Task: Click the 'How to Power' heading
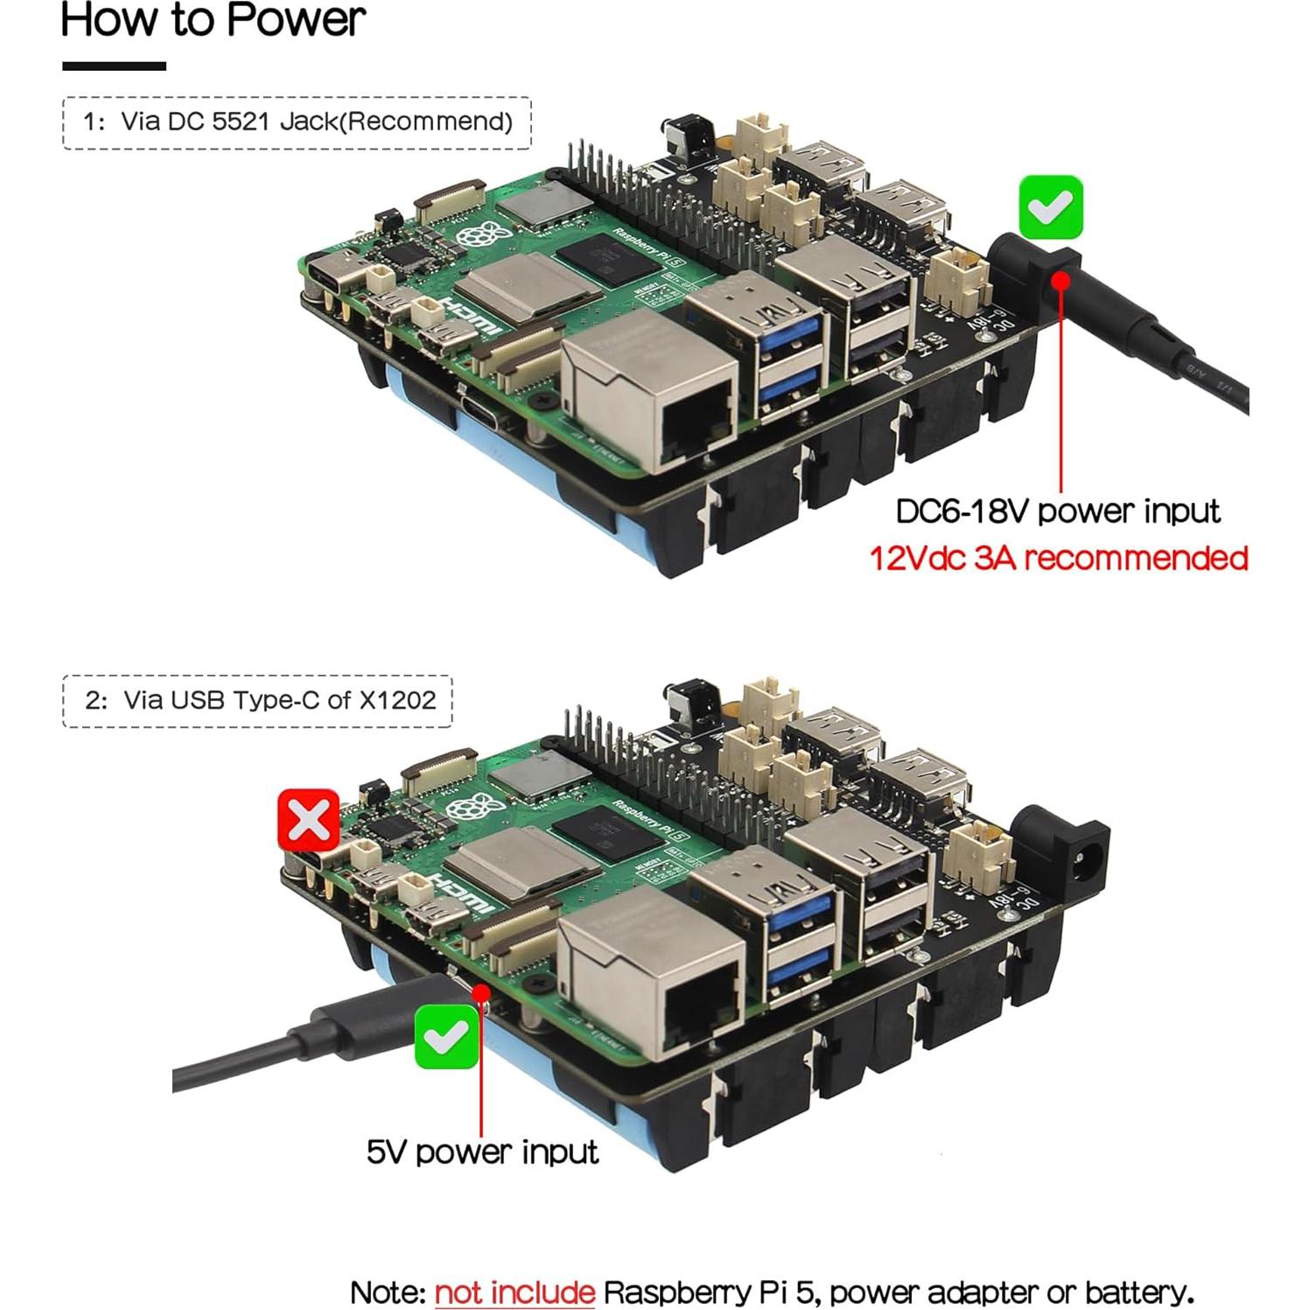(x=213, y=21)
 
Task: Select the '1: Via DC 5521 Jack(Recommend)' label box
(x=297, y=123)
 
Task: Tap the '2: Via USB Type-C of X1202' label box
(x=258, y=701)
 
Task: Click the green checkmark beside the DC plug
(x=1050, y=207)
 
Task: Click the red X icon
(x=308, y=820)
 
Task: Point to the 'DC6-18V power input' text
(x=1057, y=512)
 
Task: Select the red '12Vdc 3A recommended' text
(x=1058, y=558)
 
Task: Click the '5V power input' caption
(x=482, y=1152)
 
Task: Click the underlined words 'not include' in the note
(x=515, y=1292)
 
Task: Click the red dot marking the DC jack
(x=1061, y=280)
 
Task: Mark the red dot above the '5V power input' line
(x=480, y=992)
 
